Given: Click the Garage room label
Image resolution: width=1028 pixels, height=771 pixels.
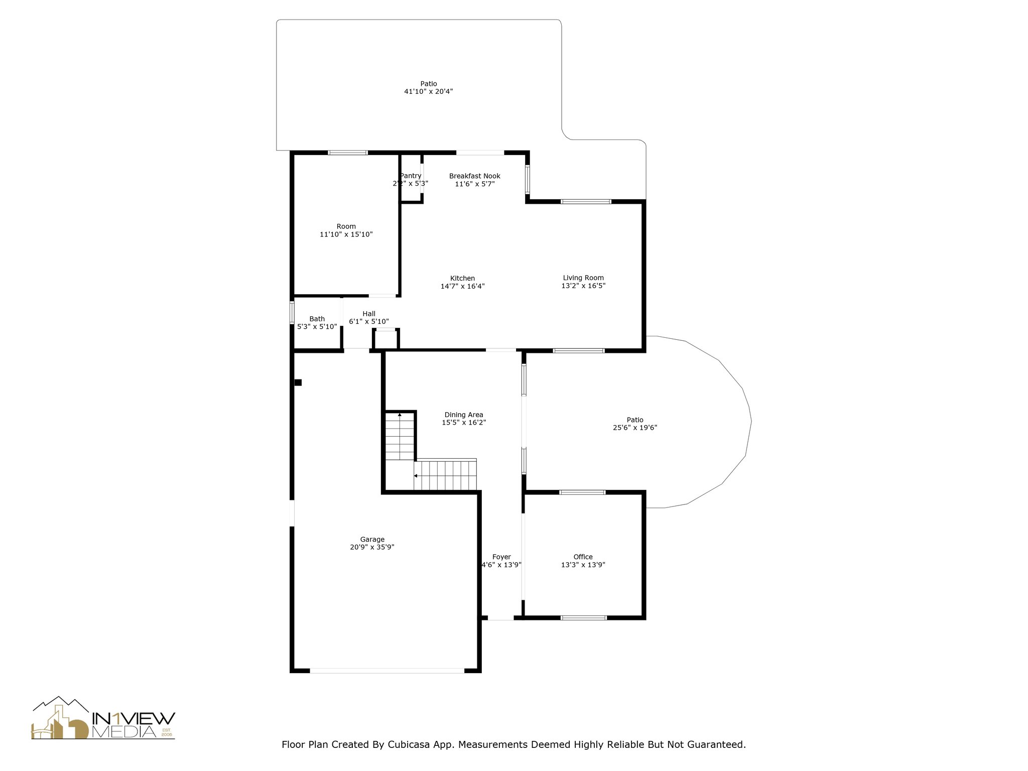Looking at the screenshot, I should [372, 540].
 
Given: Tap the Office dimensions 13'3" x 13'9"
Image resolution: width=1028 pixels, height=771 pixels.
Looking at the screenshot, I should [583, 565].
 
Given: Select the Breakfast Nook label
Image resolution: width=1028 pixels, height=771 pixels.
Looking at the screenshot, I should [474, 176].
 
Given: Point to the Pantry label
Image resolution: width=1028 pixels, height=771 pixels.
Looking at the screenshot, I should [411, 176].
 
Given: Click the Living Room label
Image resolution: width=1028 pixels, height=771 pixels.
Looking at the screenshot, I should [583, 278].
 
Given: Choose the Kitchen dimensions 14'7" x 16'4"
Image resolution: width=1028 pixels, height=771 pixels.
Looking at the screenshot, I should [462, 287].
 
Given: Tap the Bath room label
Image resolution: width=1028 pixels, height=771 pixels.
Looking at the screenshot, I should [317, 319].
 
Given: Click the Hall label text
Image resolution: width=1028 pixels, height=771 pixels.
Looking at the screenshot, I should [369, 314].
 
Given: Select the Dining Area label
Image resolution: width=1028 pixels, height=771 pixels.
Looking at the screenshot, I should [464, 415].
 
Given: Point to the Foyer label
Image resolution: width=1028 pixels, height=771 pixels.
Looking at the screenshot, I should [501, 557].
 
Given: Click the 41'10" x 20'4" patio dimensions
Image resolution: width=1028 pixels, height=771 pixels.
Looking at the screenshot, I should [428, 92].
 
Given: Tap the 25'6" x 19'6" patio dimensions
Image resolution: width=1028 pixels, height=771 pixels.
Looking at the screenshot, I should [635, 428].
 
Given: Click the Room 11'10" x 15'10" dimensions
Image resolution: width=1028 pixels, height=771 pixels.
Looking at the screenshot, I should [346, 234].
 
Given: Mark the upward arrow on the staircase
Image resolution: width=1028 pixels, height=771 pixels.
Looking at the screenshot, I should [400, 415].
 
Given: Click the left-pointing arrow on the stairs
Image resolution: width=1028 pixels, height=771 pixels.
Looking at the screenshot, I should [416, 475].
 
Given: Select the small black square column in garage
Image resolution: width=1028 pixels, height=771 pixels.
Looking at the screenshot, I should [298, 382].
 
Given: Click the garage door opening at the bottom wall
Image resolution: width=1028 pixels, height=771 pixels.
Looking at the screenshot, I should [387, 670].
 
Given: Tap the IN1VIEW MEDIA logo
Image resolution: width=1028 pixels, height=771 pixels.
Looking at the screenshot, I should [103, 719].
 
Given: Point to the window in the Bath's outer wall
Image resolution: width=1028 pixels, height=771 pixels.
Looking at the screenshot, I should [292, 312].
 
